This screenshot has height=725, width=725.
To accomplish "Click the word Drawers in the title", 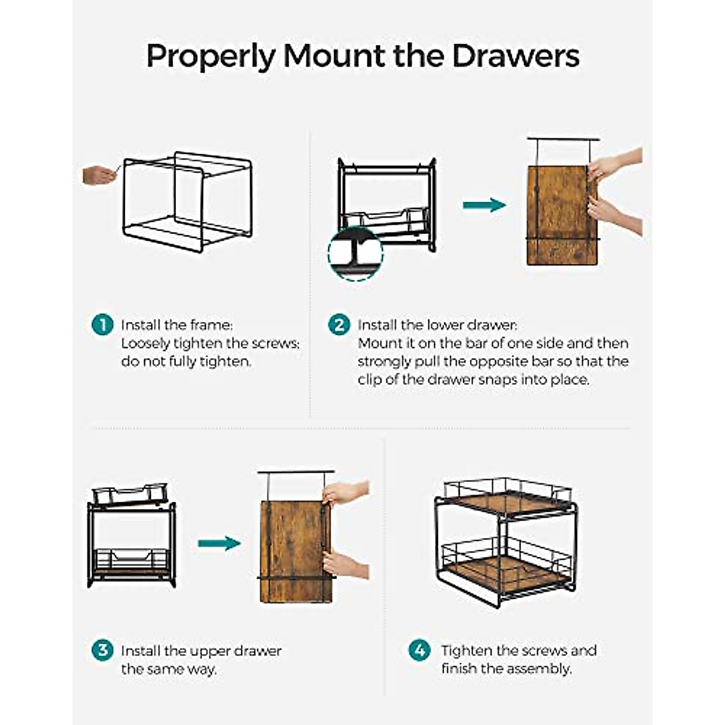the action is (515, 56).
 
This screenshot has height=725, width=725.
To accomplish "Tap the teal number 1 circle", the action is (102, 324).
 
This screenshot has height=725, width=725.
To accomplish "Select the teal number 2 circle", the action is (339, 324).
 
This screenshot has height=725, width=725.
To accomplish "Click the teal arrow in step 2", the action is (484, 205).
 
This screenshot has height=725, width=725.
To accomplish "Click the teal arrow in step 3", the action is (219, 543).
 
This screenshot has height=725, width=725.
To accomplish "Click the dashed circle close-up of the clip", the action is (355, 253).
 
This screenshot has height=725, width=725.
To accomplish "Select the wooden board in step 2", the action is (561, 215).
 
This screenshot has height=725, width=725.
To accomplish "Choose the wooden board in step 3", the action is (296, 552).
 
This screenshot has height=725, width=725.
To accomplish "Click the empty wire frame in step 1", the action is (187, 202).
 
